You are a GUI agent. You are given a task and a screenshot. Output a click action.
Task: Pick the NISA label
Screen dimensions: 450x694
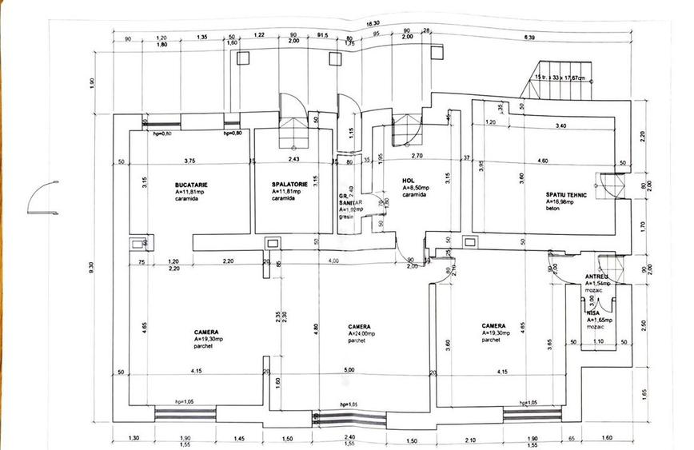pyautogui.click(x=592, y=313)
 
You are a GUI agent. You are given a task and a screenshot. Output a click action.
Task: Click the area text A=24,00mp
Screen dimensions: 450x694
pyautogui.click(x=366, y=333)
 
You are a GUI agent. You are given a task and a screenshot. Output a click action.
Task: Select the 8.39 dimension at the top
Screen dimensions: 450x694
pyautogui.click(x=530, y=38)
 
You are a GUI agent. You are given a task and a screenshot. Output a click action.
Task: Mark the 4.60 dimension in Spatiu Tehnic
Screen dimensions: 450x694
pyautogui.click(x=543, y=161)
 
